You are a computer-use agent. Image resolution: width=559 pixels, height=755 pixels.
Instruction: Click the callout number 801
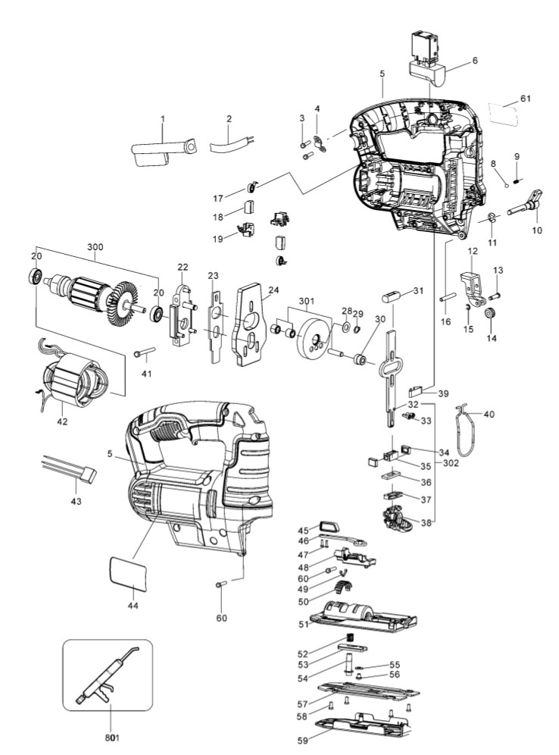pos(111,737)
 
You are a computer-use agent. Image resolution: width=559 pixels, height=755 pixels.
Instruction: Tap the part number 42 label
pos(62,421)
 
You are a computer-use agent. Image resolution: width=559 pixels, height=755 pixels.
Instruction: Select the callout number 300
pos(95,247)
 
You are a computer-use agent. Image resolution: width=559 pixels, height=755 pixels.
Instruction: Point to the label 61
pos(526,99)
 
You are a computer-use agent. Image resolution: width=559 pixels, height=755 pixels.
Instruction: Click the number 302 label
pos(451,463)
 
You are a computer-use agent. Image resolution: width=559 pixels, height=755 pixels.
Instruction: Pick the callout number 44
pos(133,605)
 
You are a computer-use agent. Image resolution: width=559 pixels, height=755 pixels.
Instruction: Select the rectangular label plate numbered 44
pos(129,573)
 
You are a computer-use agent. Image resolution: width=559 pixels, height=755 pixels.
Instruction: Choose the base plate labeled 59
pos(364,726)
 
